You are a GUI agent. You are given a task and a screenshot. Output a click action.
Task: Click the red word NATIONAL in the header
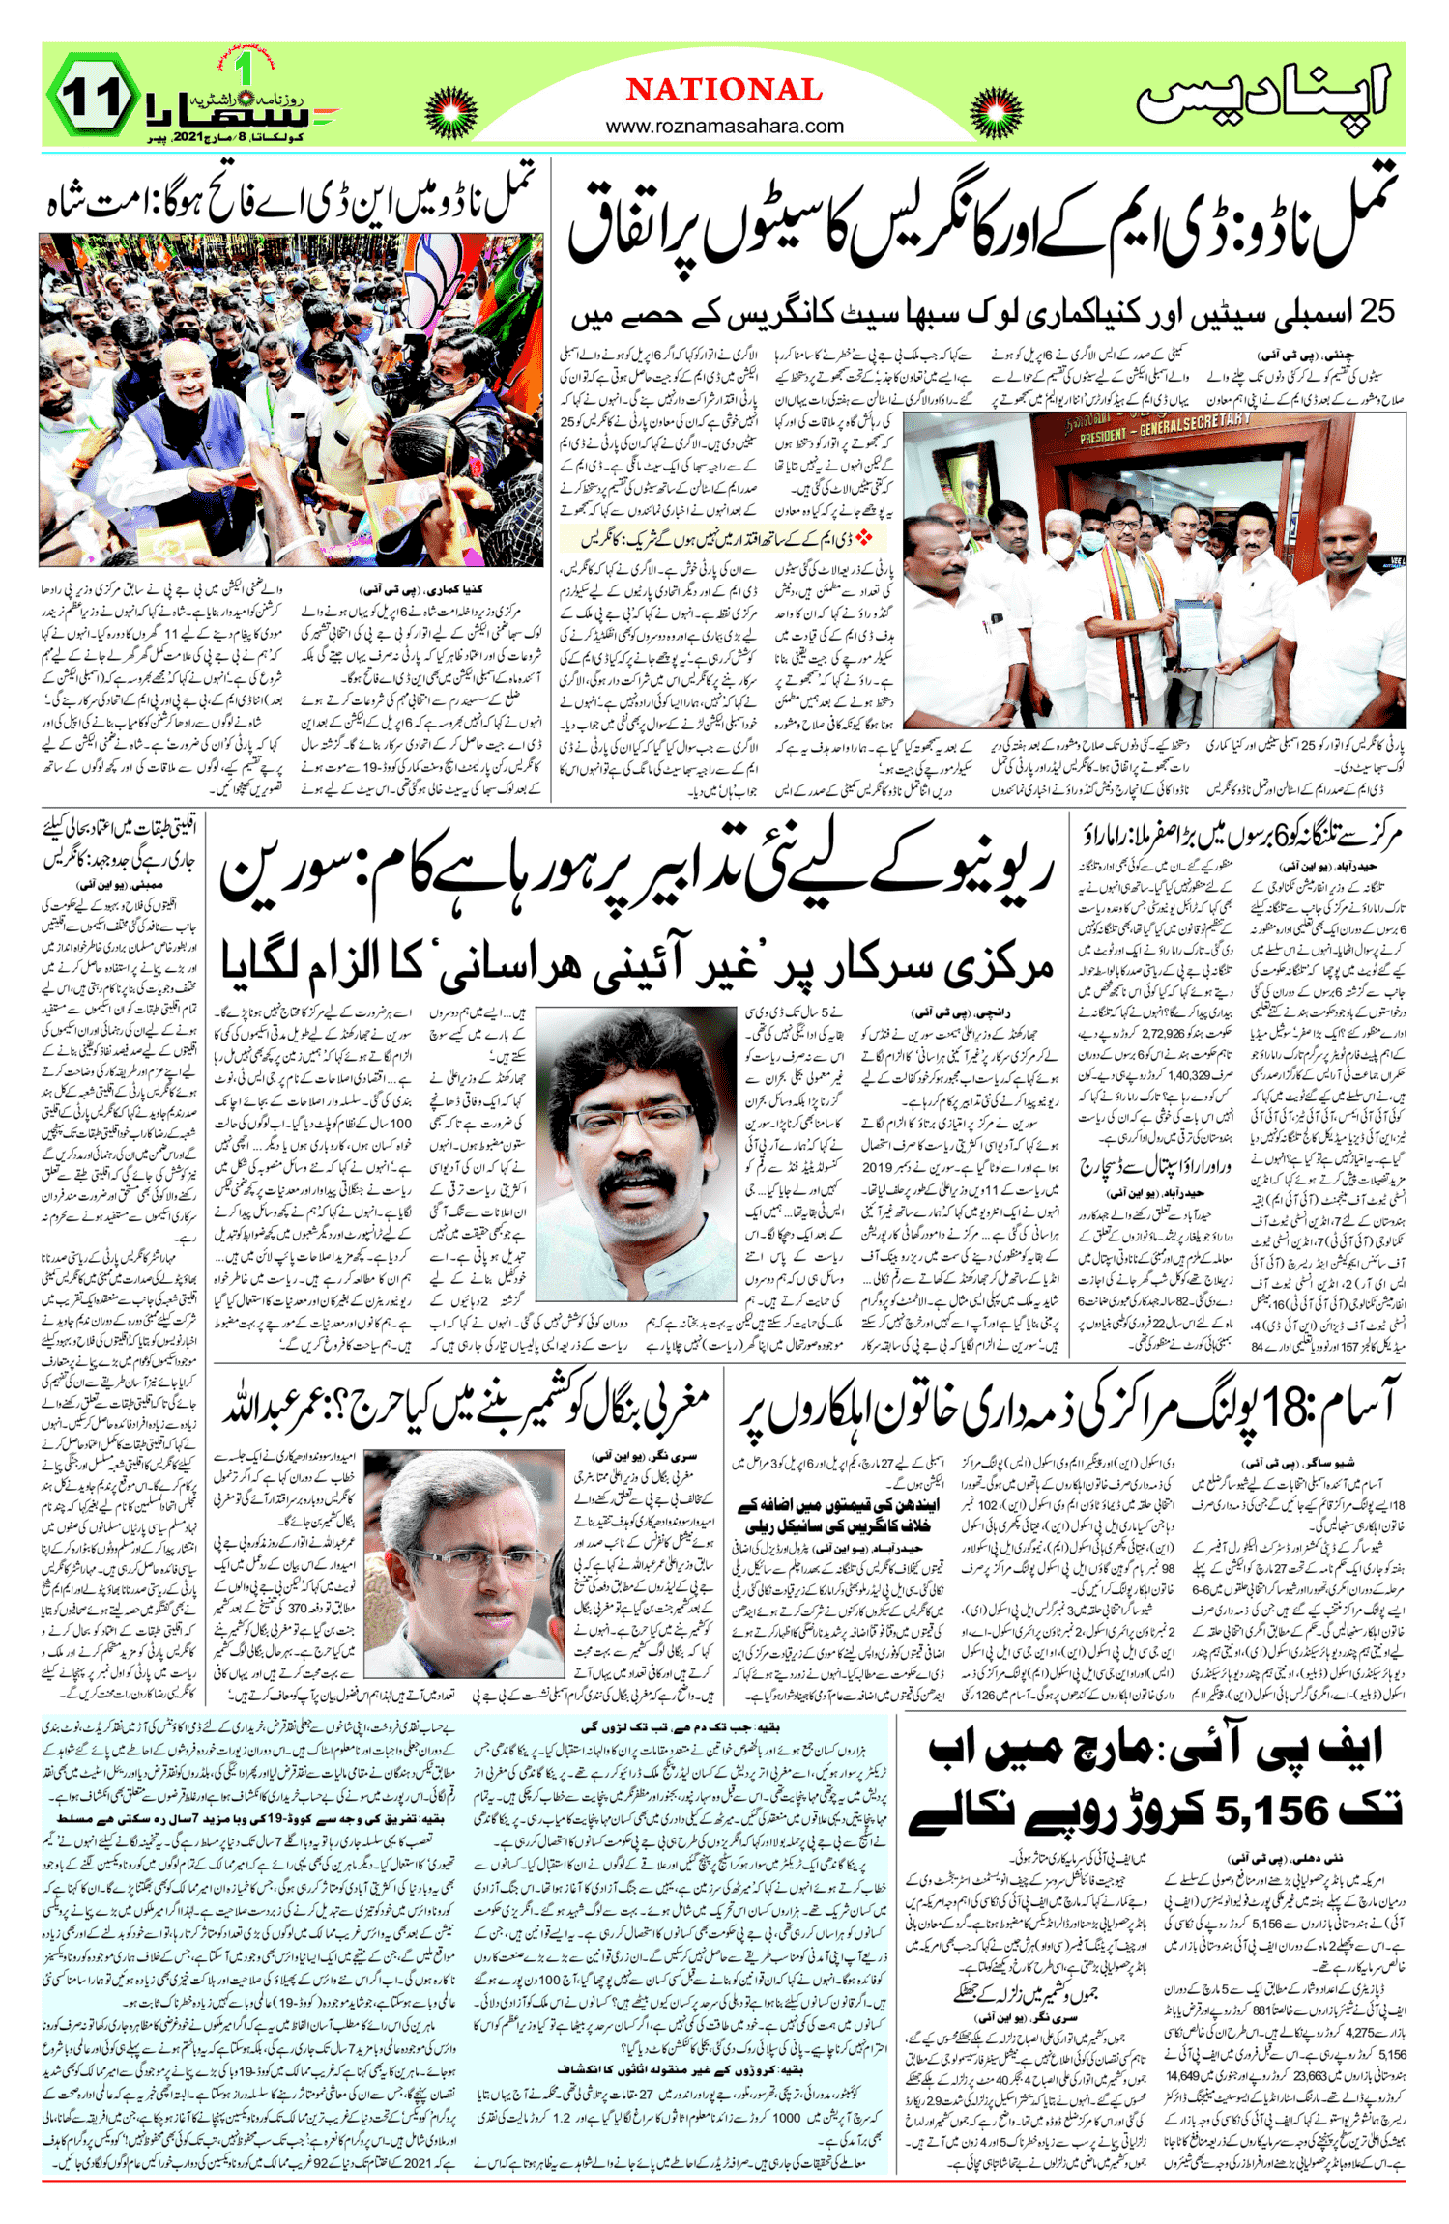tap(724, 90)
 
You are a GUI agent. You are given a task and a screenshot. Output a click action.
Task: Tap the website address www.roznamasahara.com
tap(724, 127)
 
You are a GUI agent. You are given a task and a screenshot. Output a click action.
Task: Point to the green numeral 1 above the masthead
tap(245, 71)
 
